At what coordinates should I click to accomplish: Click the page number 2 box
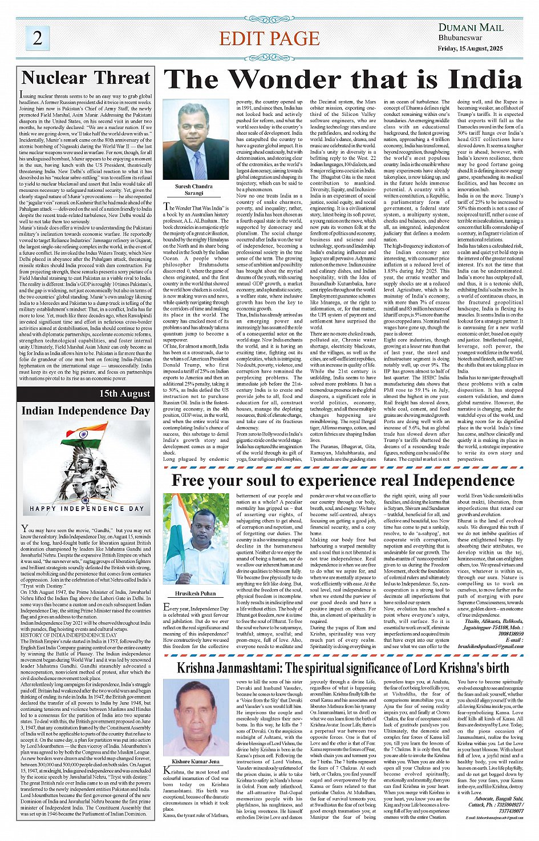pos(38,38)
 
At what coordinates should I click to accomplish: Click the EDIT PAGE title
pos(269,39)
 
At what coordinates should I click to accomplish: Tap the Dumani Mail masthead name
pos(471,27)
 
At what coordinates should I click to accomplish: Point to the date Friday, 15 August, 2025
pos(470,49)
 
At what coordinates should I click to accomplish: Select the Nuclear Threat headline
pos(86,78)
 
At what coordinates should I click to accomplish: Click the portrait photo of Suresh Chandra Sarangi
pos(196,140)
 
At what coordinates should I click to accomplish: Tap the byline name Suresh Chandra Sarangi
pos(194,190)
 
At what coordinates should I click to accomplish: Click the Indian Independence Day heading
pos(86,411)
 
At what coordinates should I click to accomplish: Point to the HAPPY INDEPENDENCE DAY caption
pos(87,508)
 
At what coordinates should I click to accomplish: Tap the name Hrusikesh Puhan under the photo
pos(195,593)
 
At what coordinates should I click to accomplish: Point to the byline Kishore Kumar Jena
pos(196,761)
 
